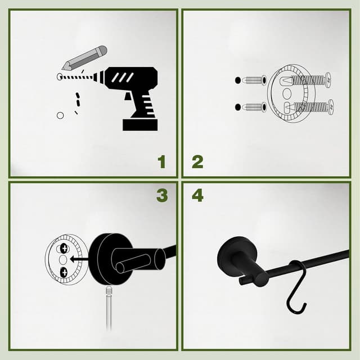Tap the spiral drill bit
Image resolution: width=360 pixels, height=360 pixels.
coord(82,77)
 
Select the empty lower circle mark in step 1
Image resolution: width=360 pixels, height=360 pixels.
coord(60,115)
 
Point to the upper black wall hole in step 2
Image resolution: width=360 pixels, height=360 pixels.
coord(238,80)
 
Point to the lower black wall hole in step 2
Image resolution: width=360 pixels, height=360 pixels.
coord(238,107)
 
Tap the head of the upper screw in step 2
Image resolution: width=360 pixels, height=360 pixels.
coord(328,79)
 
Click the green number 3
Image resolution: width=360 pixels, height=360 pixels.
coord(162,196)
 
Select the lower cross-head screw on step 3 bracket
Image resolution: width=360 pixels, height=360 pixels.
coord(64,273)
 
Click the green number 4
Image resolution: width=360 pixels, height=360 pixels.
coord(197,196)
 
